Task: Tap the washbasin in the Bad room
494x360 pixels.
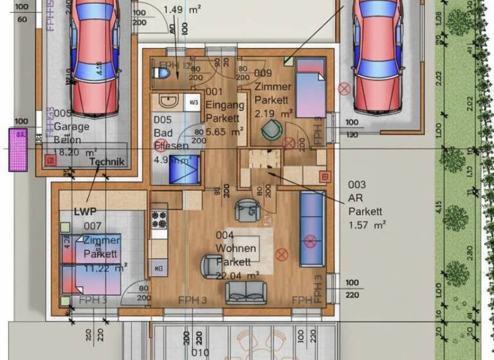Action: tap(168, 101)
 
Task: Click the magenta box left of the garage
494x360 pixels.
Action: tap(18, 150)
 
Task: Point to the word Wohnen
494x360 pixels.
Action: tap(236, 248)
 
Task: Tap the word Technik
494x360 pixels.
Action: tap(107, 161)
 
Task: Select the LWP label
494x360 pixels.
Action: tap(84, 211)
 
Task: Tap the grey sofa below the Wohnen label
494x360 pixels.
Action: tap(246, 292)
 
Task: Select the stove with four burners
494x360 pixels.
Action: tap(158, 220)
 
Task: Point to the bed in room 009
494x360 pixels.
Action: tap(311, 87)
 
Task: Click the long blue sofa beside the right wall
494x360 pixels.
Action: tap(311, 229)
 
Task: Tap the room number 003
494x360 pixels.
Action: tap(358, 184)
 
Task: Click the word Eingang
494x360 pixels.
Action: tap(224, 105)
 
